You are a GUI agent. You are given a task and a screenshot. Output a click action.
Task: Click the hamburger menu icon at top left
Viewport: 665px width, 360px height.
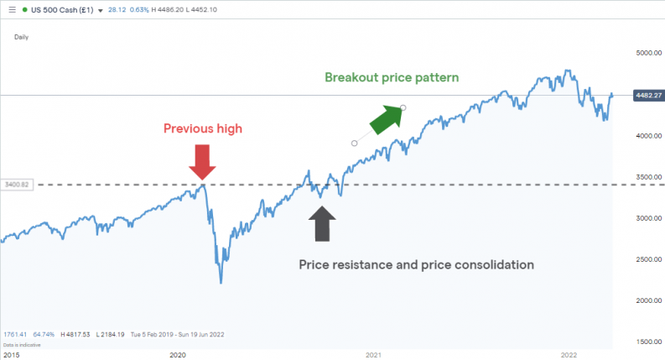click(11, 10)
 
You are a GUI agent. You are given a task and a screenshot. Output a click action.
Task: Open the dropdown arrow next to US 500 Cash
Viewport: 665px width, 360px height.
click(101, 11)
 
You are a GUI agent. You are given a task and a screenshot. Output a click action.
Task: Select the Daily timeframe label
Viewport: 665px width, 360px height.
click(22, 37)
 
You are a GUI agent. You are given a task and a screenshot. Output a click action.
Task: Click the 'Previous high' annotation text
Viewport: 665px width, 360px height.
click(203, 128)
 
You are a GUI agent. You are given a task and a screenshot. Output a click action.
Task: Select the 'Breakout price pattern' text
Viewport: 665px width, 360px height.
click(392, 77)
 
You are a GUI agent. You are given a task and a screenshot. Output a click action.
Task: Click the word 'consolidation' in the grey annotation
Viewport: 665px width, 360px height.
click(488, 264)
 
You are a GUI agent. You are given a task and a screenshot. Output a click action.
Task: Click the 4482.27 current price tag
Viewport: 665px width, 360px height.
click(643, 95)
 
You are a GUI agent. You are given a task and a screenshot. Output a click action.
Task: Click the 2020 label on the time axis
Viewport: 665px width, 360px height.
click(178, 355)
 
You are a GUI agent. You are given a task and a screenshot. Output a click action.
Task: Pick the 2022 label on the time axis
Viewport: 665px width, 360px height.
click(569, 355)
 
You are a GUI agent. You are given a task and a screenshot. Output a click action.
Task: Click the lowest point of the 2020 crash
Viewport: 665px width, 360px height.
click(221, 283)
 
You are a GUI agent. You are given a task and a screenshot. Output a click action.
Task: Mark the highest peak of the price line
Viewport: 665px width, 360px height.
click(569, 70)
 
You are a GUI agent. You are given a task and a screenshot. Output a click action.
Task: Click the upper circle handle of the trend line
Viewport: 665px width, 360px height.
click(403, 107)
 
